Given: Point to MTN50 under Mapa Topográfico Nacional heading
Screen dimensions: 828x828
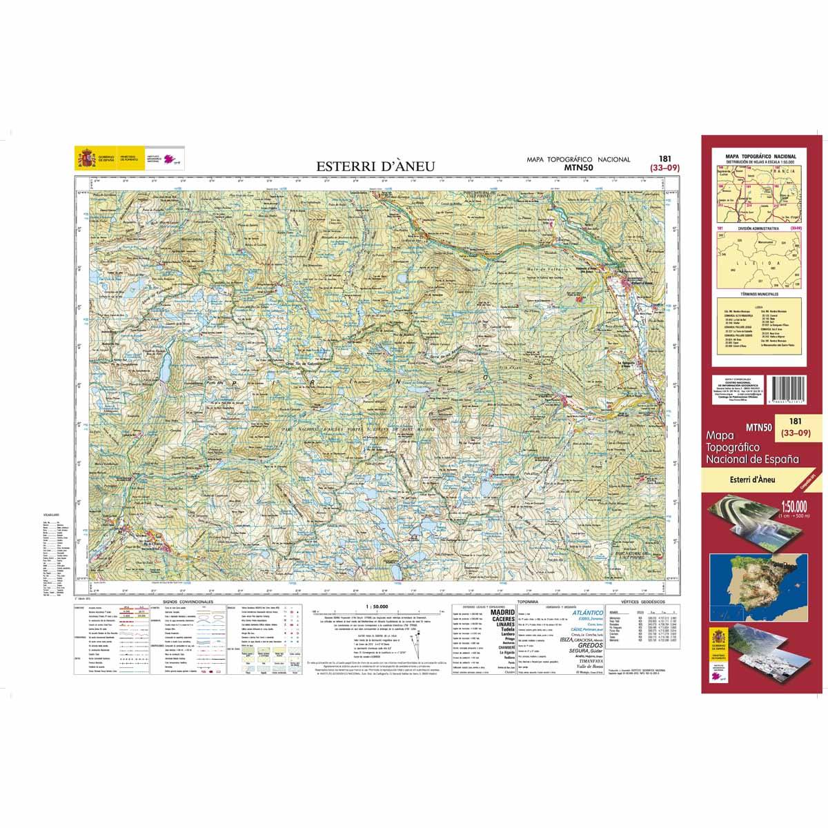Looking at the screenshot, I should tap(578, 167).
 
